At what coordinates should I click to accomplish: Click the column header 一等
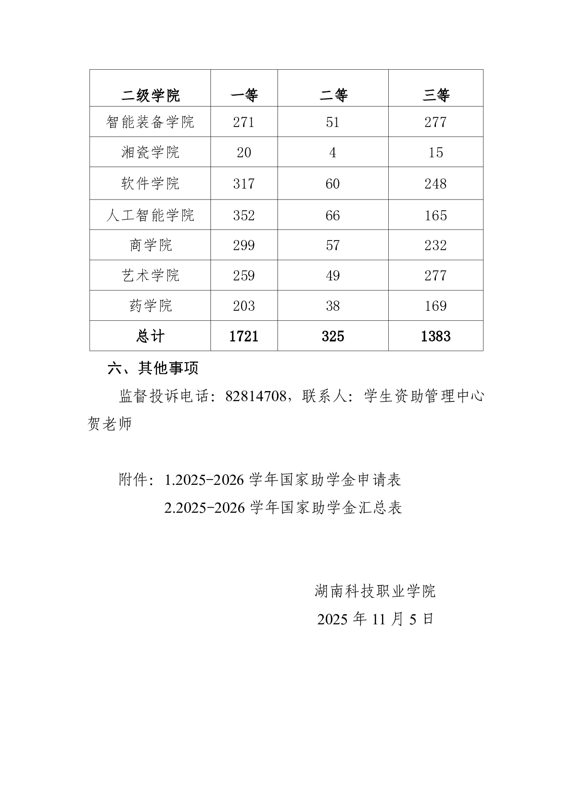[x=244, y=95]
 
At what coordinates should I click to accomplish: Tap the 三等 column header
[x=435, y=95]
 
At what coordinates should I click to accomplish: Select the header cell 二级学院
[x=150, y=95]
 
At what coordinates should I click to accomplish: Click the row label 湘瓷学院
[x=150, y=152]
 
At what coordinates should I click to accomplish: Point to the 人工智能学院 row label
[x=150, y=215]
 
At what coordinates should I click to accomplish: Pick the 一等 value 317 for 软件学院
[x=244, y=184]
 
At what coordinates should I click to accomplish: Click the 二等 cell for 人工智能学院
[x=332, y=215]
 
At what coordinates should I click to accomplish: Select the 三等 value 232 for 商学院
[x=435, y=245]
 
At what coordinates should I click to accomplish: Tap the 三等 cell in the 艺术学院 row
[x=435, y=276]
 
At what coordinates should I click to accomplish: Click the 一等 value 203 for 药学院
[x=244, y=306]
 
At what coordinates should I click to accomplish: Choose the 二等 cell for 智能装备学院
[x=332, y=122]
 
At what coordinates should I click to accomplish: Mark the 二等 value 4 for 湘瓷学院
[x=332, y=152]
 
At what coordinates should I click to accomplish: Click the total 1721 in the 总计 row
[x=244, y=336]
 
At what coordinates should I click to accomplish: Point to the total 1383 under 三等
[x=435, y=336]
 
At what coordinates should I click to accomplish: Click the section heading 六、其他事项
[x=153, y=368]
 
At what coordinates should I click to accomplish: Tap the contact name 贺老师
[x=110, y=424]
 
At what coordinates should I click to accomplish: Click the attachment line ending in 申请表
[x=283, y=480]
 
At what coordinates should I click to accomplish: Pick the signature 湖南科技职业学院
[x=375, y=591]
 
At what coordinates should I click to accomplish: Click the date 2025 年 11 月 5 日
[x=375, y=619]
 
